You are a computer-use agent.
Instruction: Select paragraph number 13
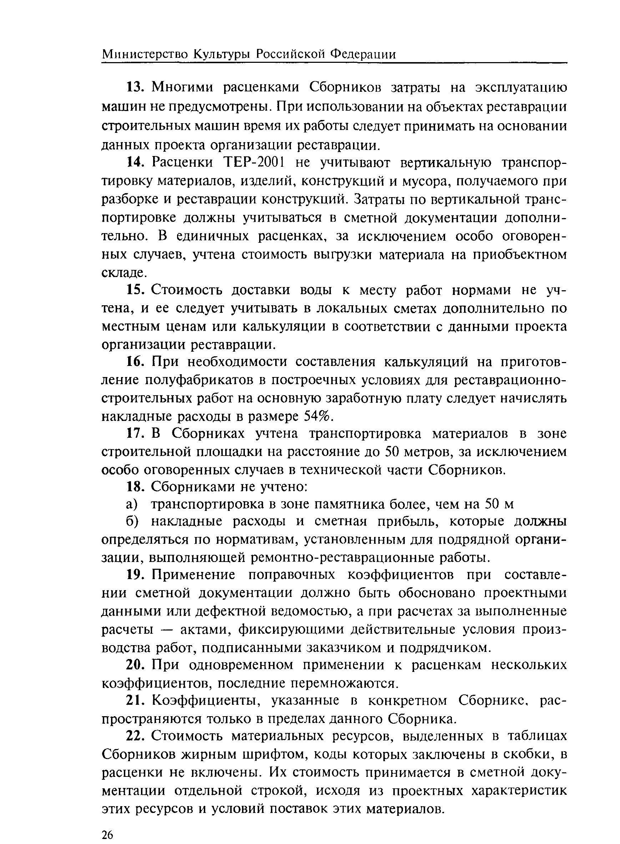pyautogui.click(x=133, y=87)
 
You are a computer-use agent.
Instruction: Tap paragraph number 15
pyautogui.click(x=133, y=290)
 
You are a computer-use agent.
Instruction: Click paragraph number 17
pyautogui.click(x=133, y=434)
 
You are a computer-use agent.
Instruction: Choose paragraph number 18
pyautogui.click(x=133, y=487)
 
